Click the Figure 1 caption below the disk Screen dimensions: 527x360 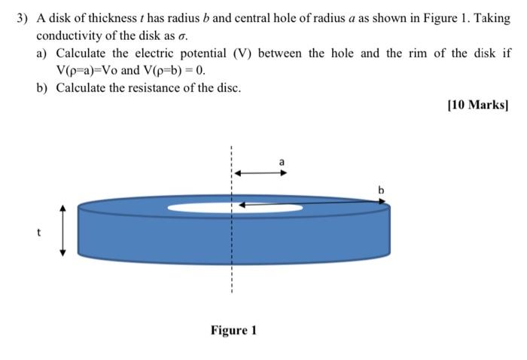pyautogui.click(x=233, y=330)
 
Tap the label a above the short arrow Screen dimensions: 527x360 pyautogui.click(x=282, y=161)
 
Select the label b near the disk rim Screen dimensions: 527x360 pyautogui.click(x=381, y=191)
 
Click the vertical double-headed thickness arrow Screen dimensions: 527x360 pyautogui.click(x=63, y=230)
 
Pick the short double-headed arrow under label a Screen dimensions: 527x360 pyautogui.click(x=259, y=172)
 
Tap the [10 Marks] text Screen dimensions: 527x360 pyautogui.click(x=478, y=105)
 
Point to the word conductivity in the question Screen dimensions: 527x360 pyautogui.click(x=69, y=35)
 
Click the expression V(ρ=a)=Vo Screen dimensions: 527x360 pyautogui.click(x=89, y=71)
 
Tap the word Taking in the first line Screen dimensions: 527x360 pyautogui.click(x=492, y=17)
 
